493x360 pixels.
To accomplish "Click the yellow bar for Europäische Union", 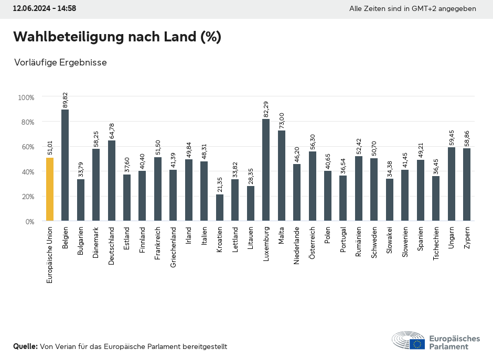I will coord(50,189).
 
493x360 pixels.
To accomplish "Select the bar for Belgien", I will coord(65,165).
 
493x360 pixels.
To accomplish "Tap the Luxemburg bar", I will coord(266,170).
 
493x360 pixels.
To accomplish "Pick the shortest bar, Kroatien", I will coord(220,208).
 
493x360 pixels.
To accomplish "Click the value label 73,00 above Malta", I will coord(282,121).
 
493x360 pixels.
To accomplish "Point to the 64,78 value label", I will coord(112,131).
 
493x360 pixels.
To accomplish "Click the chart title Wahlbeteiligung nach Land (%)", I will coord(117,37).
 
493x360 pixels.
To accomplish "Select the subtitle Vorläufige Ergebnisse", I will coord(60,62).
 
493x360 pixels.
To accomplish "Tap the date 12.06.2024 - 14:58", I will coord(45,8).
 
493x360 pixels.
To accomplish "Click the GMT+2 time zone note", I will coord(413,8).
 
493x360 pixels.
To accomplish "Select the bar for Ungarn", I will coord(452,184).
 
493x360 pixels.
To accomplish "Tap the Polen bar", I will coord(328,196).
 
